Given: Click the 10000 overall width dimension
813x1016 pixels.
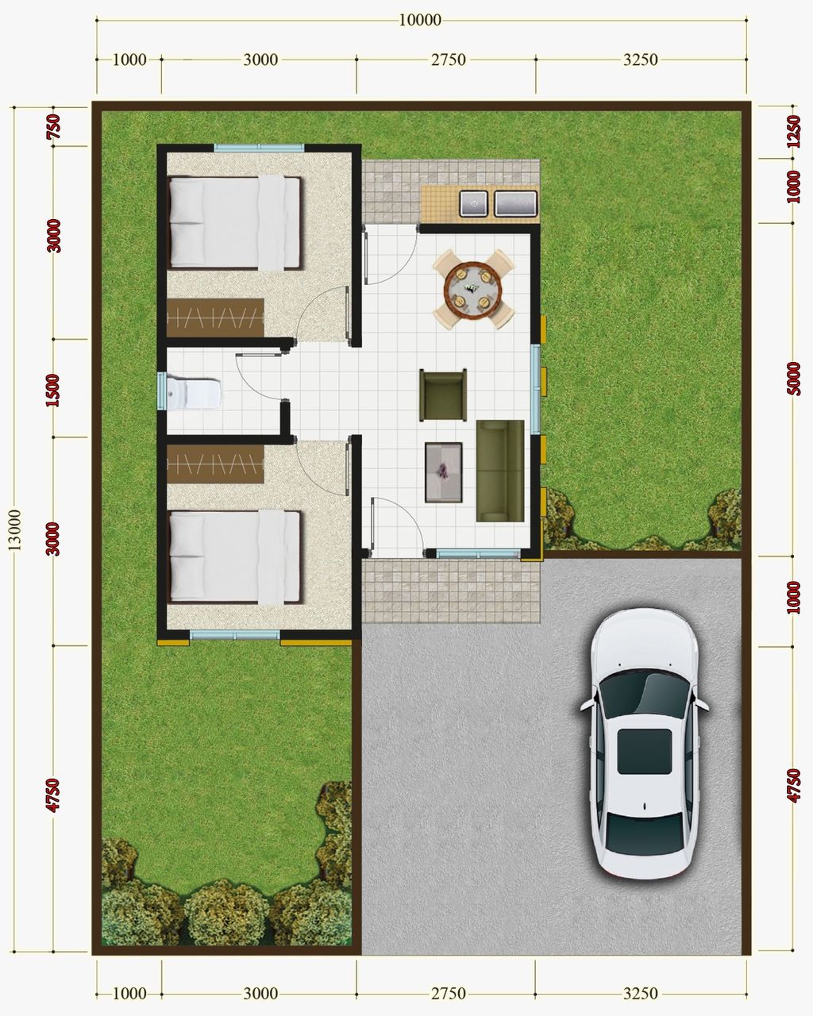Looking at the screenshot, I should point(419,20).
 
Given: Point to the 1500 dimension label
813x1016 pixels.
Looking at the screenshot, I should point(53,389).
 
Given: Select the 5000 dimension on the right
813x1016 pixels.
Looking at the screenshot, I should point(793,379).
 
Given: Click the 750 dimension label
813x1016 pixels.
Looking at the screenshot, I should point(54,127).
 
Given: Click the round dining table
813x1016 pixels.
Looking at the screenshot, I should point(473,288).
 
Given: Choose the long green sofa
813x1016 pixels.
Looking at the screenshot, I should point(500,471).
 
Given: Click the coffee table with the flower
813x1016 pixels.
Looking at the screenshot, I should point(444,472).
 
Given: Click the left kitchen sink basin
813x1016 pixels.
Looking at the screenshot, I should point(473,204).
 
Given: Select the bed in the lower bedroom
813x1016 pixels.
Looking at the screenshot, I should point(235,555).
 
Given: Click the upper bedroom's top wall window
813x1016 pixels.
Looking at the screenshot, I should point(259,147).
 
